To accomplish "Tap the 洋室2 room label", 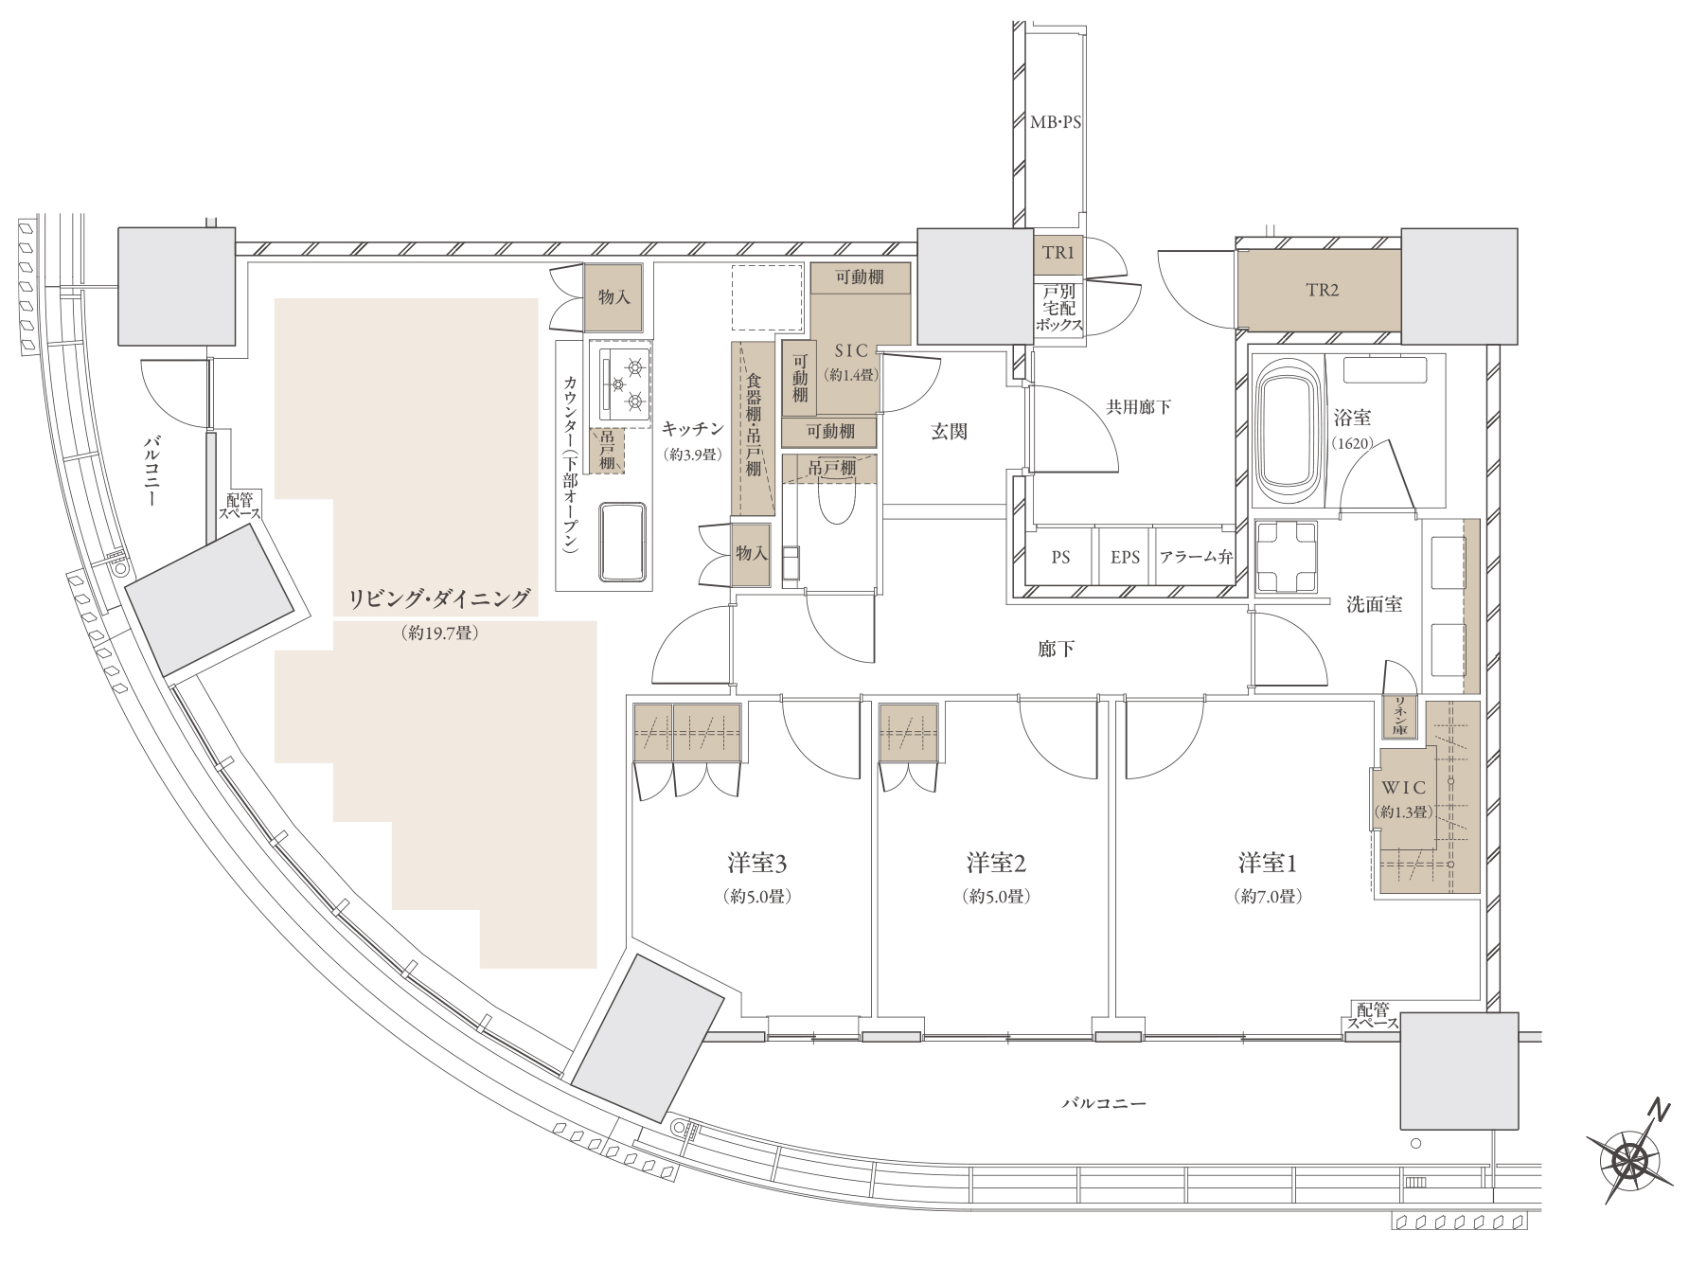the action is tap(997, 864).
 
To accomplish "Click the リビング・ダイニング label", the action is tap(439, 598).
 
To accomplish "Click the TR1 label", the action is tap(1057, 254).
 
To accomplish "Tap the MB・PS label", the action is tap(1055, 122).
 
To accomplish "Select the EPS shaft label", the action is tap(1125, 558).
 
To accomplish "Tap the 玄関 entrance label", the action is tap(949, 432).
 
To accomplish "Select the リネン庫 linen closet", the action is tap(1399, 717).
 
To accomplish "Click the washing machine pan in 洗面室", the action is tap(1287, 558).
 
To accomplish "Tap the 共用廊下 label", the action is tap(1139, 407).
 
